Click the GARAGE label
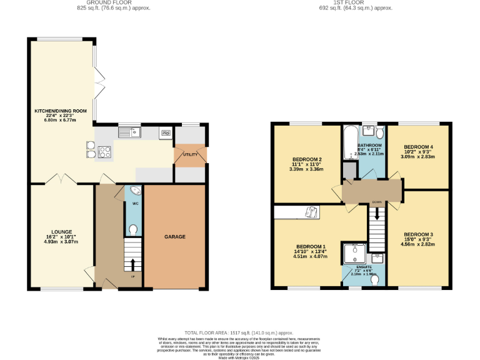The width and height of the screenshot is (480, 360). point(174,237)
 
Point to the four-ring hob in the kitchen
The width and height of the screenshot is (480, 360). point(103,151)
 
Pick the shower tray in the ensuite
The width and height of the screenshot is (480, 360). point(356,253)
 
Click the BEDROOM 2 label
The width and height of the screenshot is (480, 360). point(307,159)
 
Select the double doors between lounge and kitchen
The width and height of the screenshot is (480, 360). point(61,179)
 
